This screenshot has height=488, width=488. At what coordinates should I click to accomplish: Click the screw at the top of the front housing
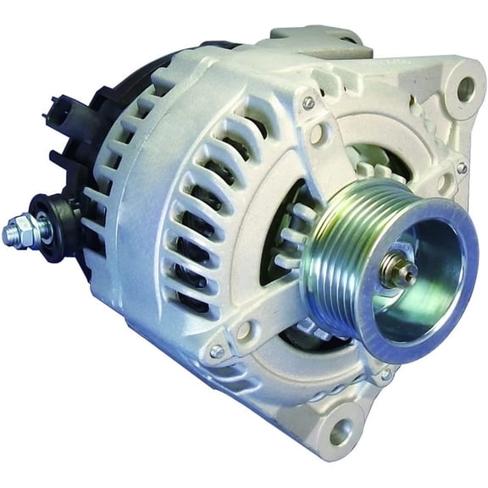click(x=308, y=103)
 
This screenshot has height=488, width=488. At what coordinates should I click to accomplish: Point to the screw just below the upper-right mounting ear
click(x=462, y=168)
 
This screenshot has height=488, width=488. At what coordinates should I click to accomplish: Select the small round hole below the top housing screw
click(x=317, y=133)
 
